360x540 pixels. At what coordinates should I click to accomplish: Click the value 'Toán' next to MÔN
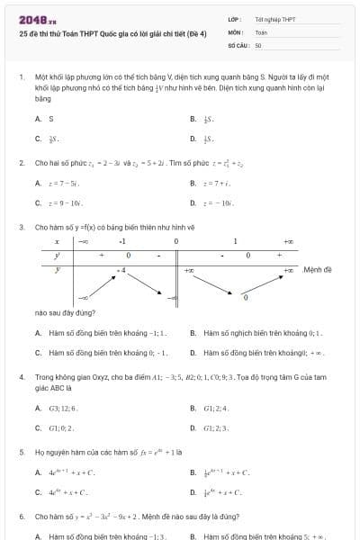pos(261,31)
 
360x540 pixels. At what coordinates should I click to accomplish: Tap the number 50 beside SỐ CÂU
pos(258,44)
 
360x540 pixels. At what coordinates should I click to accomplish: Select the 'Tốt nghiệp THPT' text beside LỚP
pos(274,19)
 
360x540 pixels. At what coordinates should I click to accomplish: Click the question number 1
pos(20,77)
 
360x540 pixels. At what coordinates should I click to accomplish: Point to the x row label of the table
pos(57,242)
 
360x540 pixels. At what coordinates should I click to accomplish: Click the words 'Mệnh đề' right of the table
pos(318,269)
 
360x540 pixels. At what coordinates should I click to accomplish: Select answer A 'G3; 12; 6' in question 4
pos(62,408)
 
